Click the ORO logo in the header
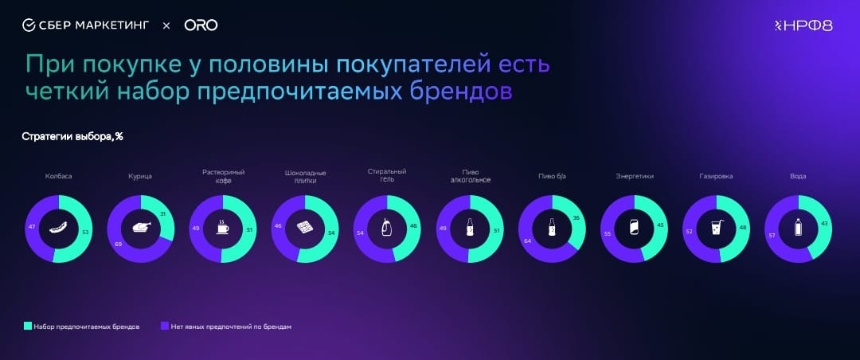point(201,25)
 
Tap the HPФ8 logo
point(803,25)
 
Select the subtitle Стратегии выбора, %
point(72,137)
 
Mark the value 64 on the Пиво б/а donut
point(527,240)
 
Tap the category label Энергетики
point(634,177)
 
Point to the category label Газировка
point(716,177)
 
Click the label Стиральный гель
point(387,175)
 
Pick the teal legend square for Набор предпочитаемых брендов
point(27,326)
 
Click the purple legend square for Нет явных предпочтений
point(165,326)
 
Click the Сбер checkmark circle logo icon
point(29,25)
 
